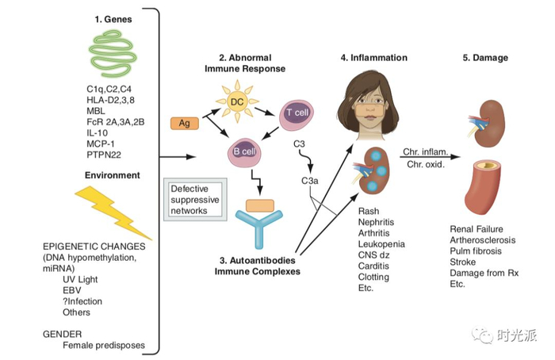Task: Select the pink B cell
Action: [247, 151]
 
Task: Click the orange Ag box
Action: [184, 124]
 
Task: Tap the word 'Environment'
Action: [113, 174]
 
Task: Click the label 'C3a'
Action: [310, 181]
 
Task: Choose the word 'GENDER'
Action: [63, 333]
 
